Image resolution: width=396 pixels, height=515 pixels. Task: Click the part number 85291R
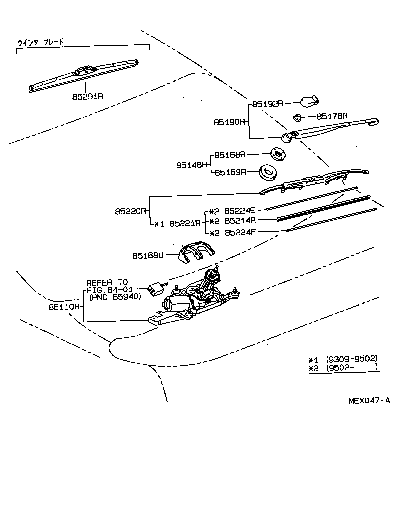tap(87, 96)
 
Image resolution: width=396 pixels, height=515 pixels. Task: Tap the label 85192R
tap(268, 104)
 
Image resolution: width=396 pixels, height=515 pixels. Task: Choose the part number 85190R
tap(230, 122)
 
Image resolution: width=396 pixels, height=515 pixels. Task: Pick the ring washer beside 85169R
tap(268, 172)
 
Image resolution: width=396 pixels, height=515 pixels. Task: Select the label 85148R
tap(192, 164)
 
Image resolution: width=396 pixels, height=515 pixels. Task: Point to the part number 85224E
tap(240, 211)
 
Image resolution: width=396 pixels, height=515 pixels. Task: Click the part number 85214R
tap(240, 220)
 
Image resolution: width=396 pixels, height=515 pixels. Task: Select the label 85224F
tap(240, 233)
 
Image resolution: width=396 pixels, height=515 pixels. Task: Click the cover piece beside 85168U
tap(195, 253)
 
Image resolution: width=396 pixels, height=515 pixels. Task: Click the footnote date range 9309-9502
tap(351, 359)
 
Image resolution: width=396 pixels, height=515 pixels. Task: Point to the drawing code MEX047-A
tap(369, 400)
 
